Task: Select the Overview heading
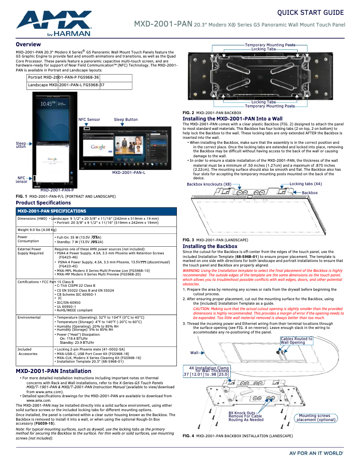(28, 44)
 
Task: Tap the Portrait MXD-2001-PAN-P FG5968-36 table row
(63, 78)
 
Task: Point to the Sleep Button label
(126, 120)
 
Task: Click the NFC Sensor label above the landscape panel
(89, 120)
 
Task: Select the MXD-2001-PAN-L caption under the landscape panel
(128, 173)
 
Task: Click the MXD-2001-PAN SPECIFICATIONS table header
(52, 211)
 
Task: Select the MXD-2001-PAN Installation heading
(53, 371)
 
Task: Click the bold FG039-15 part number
(44, 423)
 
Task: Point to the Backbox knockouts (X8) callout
(209, 184)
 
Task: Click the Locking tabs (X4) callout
(305, 184)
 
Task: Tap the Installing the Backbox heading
(210, 246)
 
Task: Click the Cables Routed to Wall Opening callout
(296, 341)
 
